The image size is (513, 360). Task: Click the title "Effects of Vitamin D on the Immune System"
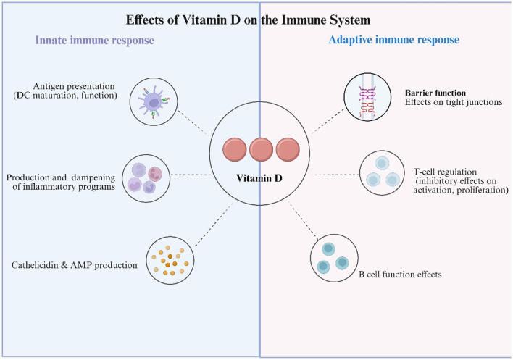coord(248,20)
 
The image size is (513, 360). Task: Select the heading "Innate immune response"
coord(94,41)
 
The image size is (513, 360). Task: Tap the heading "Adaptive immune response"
coord(394,40)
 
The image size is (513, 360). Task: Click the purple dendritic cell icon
coord(154,101)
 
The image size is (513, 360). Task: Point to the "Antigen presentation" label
coord(74,86)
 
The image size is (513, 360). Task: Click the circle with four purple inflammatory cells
coord(146,178)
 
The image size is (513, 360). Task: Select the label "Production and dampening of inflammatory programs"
coord(61,182)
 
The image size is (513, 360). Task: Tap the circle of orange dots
coord(170,260)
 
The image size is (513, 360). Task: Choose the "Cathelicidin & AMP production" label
coord(74,265)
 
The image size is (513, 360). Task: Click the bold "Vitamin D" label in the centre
coord(259,178)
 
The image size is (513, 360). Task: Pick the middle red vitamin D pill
coord(261,149)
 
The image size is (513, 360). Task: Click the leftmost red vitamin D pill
coord(235,149)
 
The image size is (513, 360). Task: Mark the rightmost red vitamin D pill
coord(288,149)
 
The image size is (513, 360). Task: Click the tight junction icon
coord(367,97)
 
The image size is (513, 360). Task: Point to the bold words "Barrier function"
coord(435,93)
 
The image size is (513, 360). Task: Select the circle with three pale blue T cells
coord(382,173)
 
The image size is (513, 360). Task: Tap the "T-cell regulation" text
coord(445,172)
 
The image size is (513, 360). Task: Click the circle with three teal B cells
coord(334,259)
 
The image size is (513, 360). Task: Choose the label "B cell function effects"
coord(400,274)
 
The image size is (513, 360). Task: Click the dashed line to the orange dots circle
coord(214,225)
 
